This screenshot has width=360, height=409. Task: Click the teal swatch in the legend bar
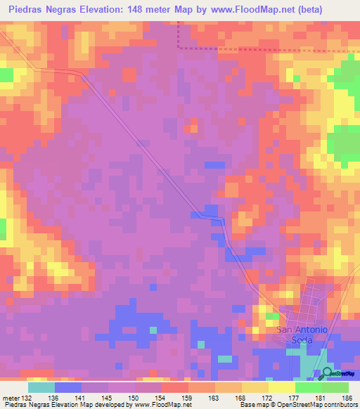(x=41, y=388)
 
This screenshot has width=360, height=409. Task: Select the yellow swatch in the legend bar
(x=282, y=388)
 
